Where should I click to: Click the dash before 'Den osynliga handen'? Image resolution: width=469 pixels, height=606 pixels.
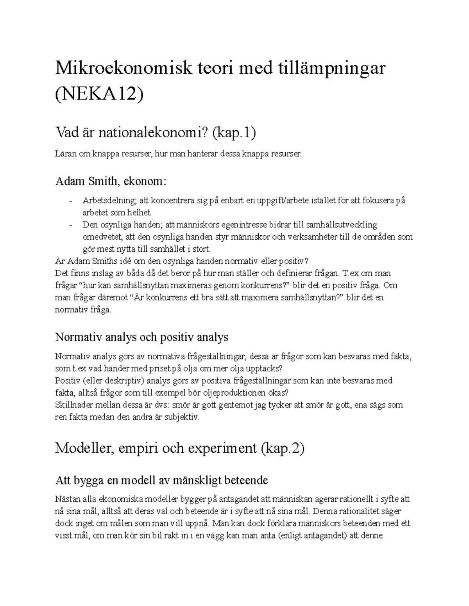coord(70,225)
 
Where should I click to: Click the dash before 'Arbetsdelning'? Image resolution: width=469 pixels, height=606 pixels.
coord(70,201)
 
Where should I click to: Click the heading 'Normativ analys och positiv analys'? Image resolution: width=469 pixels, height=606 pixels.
coord(141,337)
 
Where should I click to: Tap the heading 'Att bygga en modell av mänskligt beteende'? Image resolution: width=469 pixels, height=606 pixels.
coord(161,480)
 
